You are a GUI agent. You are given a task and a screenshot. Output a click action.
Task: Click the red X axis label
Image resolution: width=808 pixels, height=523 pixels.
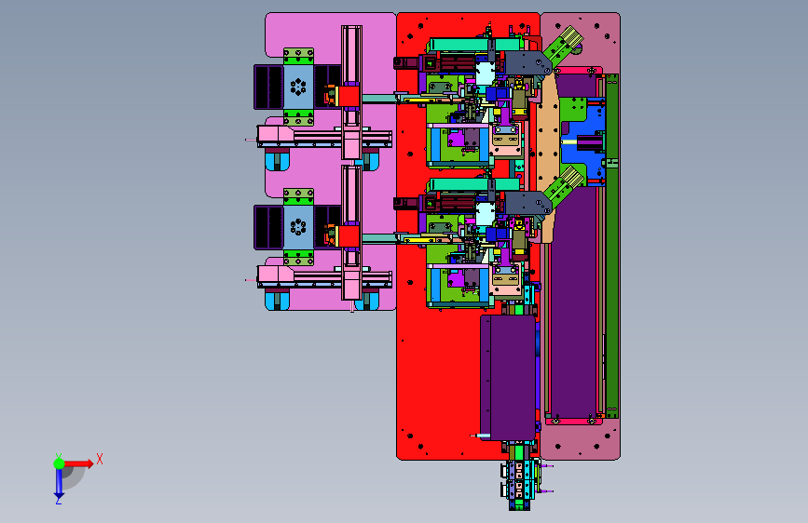point(100,459)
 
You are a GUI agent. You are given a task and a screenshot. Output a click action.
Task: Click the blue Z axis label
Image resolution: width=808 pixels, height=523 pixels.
point(58,500)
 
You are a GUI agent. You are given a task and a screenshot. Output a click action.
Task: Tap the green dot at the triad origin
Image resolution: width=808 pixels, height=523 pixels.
point(60,463)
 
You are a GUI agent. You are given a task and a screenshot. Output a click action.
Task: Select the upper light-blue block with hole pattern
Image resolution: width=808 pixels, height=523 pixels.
point(298,87)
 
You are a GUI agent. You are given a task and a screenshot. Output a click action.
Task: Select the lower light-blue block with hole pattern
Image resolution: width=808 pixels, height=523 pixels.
point(298,227)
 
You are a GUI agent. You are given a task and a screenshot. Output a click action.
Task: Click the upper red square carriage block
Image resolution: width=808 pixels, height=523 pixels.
point(349,96)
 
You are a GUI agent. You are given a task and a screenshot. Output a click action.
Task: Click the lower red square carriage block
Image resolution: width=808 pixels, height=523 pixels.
point(349,236)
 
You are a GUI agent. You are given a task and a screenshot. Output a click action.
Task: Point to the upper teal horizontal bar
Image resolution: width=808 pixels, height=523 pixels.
point(473,45)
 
